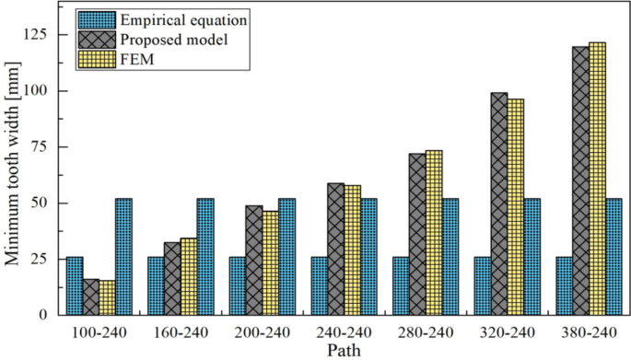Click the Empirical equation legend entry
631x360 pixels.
pos(175,18)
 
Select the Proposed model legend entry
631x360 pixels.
pos(169,39)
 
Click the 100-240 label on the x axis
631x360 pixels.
pos(99,331)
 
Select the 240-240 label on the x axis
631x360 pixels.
pos(344,331)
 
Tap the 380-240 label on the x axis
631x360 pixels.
pos(590,331)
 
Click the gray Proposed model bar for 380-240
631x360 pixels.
pos(581,180)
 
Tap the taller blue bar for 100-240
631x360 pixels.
pos(123,257)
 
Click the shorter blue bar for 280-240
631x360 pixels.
pos(401,285)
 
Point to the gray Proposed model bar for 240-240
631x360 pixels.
pos(335,249)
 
